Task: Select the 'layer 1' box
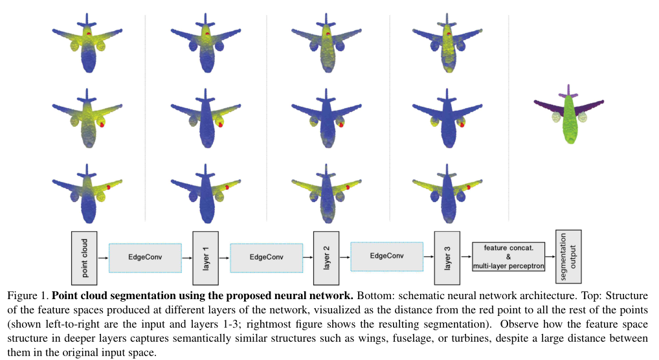pos(204,257)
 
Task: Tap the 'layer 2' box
pos(326,257)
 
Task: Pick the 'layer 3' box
pos(447,257)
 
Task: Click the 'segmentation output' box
pos(568,256)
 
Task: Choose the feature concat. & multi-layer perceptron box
pos(508,257)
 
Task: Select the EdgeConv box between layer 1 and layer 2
pos(266,257)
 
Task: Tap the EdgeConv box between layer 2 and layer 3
pos(387,256)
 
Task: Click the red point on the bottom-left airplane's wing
pos(109,186)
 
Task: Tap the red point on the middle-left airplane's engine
pos(102,125)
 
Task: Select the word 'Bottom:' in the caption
pos(372,295)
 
